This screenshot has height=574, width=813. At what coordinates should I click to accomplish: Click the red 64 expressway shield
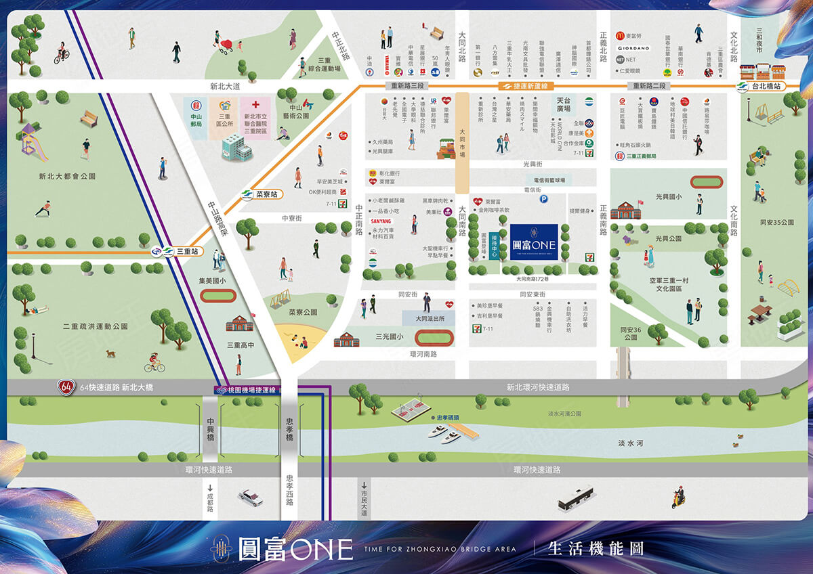[66, 388]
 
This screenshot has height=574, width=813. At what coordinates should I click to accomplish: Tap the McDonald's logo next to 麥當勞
[619, 36]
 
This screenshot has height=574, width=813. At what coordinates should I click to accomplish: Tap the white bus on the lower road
[575, 498]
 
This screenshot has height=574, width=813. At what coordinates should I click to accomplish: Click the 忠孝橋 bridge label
[289, 428]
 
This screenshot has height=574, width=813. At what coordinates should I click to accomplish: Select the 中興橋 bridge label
[211, 428]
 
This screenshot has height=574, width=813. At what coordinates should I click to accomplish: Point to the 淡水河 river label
[631, 443]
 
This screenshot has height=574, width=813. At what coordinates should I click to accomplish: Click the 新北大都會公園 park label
[67, 176]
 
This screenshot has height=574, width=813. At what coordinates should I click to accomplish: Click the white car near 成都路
[250, 498]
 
